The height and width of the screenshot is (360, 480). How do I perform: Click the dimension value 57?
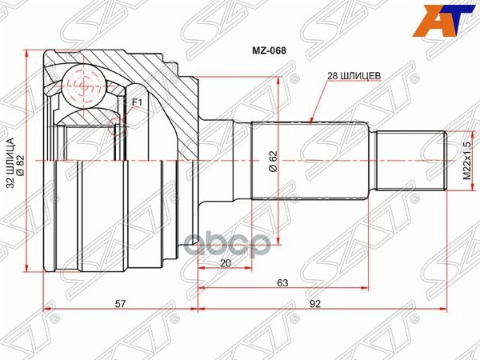tap(119, 304)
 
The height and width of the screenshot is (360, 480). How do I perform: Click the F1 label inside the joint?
tap(136, 102)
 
